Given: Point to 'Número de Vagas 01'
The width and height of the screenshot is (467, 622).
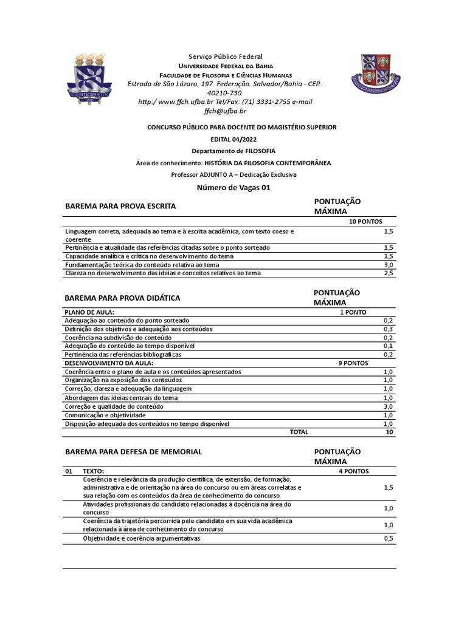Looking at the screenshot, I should click(233, 188).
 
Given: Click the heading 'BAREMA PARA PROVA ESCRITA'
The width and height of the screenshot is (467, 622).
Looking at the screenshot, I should click(120, 207).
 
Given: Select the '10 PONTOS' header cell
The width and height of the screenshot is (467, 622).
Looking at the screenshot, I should click(365, 222).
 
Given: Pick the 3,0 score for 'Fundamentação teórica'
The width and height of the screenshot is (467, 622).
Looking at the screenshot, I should click(389, 265).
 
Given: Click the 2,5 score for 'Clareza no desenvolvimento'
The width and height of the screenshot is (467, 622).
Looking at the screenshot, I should click(389, 273).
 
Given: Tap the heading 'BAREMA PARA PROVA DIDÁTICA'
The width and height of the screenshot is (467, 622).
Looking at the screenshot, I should click(122, 298).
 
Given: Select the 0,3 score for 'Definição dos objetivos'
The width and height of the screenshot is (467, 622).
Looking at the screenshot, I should click(389, 329).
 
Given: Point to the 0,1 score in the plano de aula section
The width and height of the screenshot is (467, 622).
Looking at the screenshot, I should click(389, 346).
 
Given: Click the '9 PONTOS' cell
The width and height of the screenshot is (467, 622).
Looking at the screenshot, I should click(353, 363).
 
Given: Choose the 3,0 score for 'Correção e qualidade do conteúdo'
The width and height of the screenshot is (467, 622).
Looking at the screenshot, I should click(388, 406).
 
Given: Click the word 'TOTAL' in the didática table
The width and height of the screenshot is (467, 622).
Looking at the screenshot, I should click(299, 432).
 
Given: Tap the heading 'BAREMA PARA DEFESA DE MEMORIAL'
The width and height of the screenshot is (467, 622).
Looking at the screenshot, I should click(133, 453).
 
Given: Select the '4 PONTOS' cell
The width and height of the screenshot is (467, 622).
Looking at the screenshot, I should click(353, 471).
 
